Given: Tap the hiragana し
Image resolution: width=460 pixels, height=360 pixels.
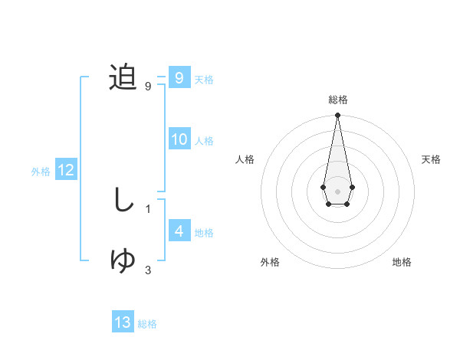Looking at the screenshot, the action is (x=123, y=200).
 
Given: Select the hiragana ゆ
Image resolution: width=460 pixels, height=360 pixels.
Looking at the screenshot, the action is (x=123, y=260).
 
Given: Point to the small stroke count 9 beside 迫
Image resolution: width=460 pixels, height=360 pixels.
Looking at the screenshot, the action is (x=147, y=86).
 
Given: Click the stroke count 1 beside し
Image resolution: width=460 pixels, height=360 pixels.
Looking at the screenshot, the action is (x=147, y=208).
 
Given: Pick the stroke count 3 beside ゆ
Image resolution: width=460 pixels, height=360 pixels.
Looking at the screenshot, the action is (x=147, y=270).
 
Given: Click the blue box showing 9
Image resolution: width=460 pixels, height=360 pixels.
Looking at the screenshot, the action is (x=179, y=78).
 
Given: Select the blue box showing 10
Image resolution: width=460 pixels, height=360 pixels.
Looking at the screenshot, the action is (x=179, y=139).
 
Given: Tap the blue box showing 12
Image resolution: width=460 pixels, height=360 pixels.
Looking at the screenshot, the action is (x=65, y=170).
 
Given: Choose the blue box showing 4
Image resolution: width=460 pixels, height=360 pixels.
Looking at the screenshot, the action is (x=179, y=231).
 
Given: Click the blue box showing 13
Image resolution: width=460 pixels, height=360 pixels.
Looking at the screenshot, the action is (x=123, y=322).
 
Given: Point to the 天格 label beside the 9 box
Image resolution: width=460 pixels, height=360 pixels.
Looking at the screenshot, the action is (x=204, y=80).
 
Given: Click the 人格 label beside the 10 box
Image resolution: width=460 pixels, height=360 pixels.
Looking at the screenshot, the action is (x=204, y=141).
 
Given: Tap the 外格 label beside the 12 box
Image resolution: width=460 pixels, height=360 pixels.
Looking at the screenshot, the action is (x=41, y=172).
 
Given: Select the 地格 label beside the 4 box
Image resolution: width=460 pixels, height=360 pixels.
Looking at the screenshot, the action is (x=204, y=233).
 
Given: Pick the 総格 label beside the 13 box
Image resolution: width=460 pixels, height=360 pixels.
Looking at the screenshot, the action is (x=147, y=324).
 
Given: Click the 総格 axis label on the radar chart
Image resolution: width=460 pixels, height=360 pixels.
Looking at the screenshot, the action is (x=337, y=100).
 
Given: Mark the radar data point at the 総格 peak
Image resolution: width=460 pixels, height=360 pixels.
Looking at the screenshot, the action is (x=337, y=116).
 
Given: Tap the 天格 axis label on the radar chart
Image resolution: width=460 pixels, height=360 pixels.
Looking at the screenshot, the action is (x=431, y=159).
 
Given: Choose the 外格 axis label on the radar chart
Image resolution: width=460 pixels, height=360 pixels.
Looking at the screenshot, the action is (x=270, y=262).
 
